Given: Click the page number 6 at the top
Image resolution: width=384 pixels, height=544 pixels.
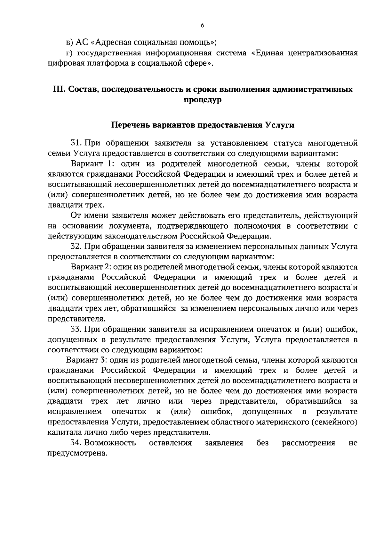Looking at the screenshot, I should click(203, 26).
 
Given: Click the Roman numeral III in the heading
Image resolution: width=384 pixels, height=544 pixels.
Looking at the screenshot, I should click(58, 89).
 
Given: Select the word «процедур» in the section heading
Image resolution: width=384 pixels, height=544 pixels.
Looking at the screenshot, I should click(203, 100).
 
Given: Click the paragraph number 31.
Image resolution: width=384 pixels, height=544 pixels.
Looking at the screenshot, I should click(77, 143).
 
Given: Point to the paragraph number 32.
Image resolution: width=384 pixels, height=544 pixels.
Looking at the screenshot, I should click(77, 247).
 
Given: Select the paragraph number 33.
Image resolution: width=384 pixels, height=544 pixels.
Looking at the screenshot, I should click(77, 329).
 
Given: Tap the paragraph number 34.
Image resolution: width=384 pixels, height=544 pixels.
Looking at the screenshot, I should click(77, 443).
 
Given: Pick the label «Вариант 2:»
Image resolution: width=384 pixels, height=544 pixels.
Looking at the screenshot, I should click(91, 267).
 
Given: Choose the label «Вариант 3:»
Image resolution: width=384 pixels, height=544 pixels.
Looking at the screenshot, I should click(86, 360).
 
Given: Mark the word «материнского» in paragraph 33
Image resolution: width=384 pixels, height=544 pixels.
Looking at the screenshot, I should click(282, 422).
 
